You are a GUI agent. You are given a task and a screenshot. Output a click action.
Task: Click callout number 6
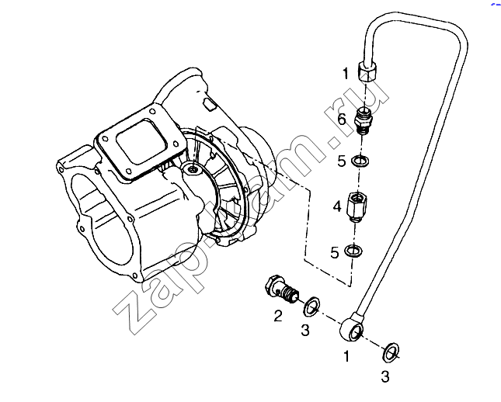[x=342, y=120]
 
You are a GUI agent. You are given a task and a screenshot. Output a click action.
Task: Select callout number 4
[x=337, y=206]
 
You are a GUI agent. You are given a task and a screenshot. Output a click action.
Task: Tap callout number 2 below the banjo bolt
[x=278, y=316]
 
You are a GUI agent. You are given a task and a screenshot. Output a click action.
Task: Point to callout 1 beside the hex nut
[x=345, y=74]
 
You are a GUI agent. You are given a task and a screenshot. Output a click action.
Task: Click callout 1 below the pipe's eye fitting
[x=346, y=356]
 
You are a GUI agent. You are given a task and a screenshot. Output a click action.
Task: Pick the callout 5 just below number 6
[x=342, y=161]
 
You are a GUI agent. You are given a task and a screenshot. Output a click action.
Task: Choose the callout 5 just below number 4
[x=334, y=253]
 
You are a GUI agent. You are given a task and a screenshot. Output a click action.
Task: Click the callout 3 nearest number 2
[x=305, y=330]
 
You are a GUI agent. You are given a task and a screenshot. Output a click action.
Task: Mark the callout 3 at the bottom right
[x=385, y=376]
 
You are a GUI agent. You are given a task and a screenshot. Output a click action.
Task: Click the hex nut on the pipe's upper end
[x=367, y=71]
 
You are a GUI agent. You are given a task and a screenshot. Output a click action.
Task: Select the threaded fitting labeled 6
[x=364, y=121]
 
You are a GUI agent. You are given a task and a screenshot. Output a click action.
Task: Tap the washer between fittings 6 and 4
[x=360, y=161]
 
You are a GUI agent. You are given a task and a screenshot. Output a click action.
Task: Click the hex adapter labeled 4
[x=357, y=206]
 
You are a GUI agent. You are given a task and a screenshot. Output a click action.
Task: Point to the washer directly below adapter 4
[x=353, y=250]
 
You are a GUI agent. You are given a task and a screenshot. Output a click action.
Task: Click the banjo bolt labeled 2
[x=282, y=287]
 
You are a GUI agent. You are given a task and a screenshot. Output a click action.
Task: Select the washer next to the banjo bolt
[x=311, y=306]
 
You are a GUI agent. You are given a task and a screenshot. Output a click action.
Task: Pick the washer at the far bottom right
[x=391, y=352]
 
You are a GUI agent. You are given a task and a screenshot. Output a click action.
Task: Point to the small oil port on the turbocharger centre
[x=192, y=169]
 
